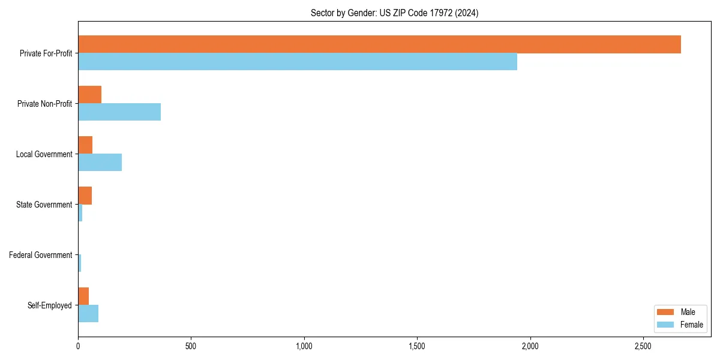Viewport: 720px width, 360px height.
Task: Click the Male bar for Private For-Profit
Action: click(379, 44)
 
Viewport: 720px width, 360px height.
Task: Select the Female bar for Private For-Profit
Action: click(298, 62)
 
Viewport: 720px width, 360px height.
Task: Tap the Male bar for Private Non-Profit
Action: click(89, 95)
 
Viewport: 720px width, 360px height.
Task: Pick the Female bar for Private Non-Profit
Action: click(119, 112)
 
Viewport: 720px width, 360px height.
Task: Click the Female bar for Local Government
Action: click(100, 163)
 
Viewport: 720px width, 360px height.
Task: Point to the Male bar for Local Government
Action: click(85, 145)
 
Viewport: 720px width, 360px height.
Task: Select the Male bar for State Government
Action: click(85, 196)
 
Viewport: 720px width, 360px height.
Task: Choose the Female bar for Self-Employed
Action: click(88, 314)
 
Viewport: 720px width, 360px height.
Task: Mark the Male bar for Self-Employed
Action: click(83, 296)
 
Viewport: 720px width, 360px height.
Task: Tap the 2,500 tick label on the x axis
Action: click(643, 347)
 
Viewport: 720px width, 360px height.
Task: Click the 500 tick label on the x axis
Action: click(191, 347)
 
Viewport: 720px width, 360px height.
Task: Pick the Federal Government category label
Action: click(41, 255)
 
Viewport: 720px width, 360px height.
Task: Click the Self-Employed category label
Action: click(50, 305)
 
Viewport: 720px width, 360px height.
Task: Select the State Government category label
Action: click(44, 205)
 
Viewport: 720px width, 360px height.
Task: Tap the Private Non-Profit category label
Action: click(45, 104)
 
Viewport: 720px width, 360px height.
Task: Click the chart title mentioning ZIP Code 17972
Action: click(394, 13)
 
